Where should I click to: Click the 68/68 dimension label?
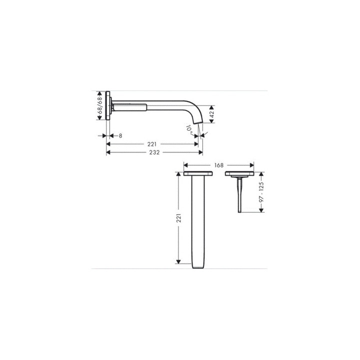(x=99, y=105)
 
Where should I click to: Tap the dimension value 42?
(x=211, y=114)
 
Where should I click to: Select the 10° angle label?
(x=189, y=130)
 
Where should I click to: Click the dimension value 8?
(x=120, y=136)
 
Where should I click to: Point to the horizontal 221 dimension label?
(x=152, y=144)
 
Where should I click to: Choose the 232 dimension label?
(x=154, y=152)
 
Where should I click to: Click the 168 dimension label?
(x=219, y=165)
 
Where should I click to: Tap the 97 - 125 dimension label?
(x=261, y=192)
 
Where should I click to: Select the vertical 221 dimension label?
(x=178, y=218)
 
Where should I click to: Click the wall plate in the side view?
(x=108, y=105)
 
